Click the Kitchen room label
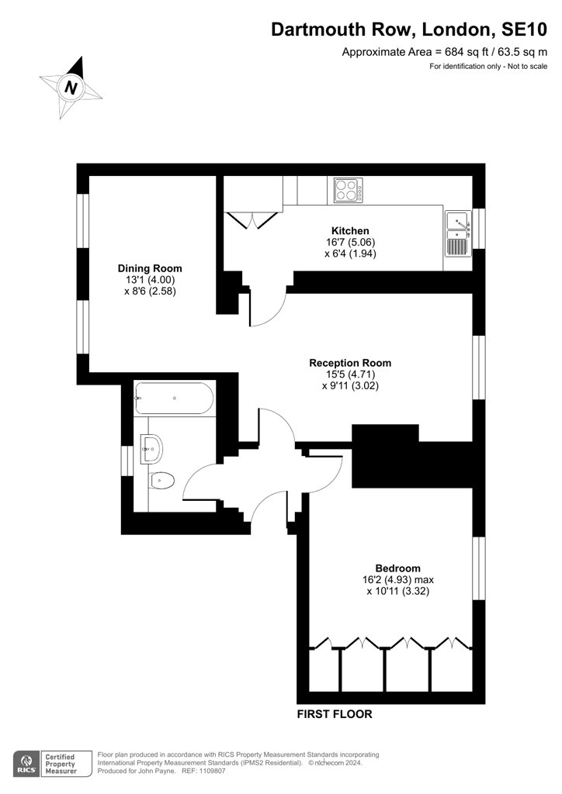pos(350,231)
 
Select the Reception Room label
pos(350,363)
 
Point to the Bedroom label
pos(397,568)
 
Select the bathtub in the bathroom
pos(173,399)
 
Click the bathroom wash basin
pos(151,447)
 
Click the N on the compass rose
pos(71,88)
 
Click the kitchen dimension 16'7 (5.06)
pos(350,242)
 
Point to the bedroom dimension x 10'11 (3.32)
pos(397,591)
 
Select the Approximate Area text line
pos(446,52)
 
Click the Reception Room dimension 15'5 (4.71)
pos(350,374)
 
